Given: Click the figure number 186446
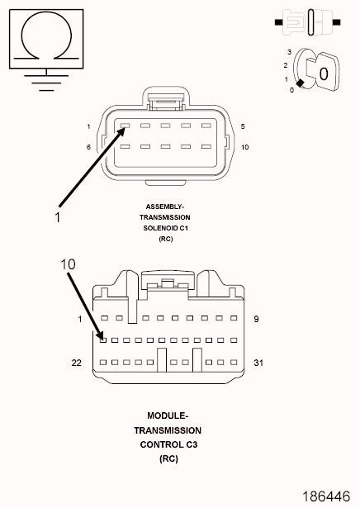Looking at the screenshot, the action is [x=326, y=496].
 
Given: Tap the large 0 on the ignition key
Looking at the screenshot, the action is [x=324, y=74].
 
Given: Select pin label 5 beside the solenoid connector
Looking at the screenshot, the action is [x=243, y=126].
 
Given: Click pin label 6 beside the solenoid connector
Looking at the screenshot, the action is [x=88, y=147].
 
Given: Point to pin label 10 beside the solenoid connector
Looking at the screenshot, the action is [x=244, y=147].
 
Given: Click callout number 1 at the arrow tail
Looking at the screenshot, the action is [x=58, y=217].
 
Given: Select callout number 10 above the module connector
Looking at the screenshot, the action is [x=68, y=264].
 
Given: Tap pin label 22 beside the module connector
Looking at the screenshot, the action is [x=77, y=363].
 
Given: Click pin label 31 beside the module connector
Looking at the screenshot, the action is [x=258, y=363].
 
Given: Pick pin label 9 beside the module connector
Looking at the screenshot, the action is [x=256, y=319].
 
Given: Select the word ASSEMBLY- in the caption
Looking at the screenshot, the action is [x=165, y=207].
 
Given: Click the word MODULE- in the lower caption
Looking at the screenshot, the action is [x=168, y=415].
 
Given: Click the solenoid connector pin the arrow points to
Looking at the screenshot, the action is [x=125, y=126].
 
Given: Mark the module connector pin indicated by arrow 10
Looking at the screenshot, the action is [x=103, y=340].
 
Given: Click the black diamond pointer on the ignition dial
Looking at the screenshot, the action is [x=301, y=83].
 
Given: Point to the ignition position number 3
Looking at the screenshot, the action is [x=290, y=52].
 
